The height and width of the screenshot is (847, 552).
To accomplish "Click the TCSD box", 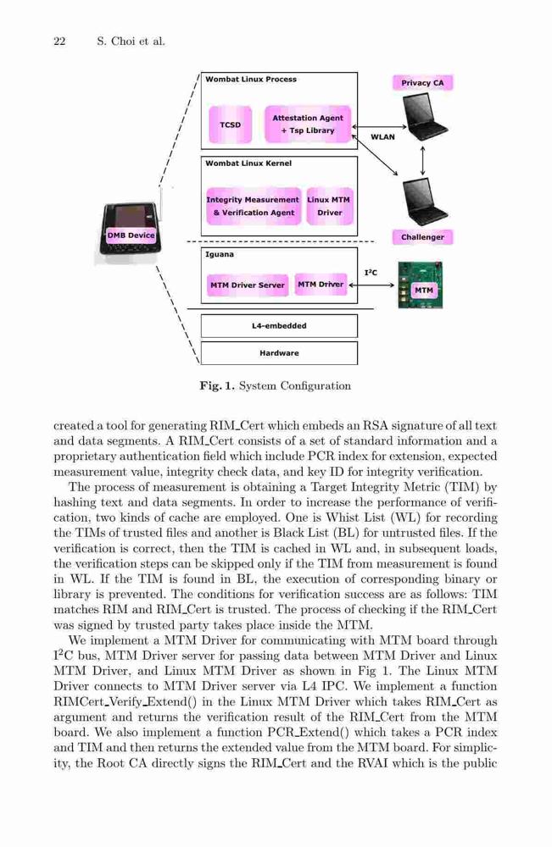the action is click(x=231, y=125).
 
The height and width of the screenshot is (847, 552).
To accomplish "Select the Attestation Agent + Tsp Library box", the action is click(x=308, y=125).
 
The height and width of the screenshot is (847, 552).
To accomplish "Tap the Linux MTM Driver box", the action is click(x=329, y=206).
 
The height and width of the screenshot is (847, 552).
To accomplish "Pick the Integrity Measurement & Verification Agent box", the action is click(x=253, y=206).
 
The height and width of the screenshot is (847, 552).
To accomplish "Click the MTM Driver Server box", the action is click(x=247, y=285).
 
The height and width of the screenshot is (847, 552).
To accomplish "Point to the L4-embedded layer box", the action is click(x=279, y=326).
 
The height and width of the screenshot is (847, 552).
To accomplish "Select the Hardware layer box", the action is click(x=279, y=352).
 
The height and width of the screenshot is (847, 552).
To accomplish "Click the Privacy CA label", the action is click(x=422, y=83).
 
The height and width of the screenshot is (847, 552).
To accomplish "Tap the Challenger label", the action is click(x=422, y=237).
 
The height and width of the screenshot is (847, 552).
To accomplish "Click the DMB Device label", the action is click(x=131, y=235).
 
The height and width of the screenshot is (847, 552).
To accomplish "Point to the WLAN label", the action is click(x=382, y=137).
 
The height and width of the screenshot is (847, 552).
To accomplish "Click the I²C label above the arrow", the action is click(x=371, y=273).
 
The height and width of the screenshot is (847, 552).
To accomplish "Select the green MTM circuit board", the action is click(x=420, y=285).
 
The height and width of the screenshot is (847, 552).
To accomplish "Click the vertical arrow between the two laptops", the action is click(x=422, y=160).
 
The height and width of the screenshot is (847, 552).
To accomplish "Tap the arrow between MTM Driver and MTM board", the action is click(x=371, y=285).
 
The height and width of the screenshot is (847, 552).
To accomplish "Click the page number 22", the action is click(x=59, y=41).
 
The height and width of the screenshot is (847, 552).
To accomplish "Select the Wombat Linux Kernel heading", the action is click(x=248, y=163).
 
